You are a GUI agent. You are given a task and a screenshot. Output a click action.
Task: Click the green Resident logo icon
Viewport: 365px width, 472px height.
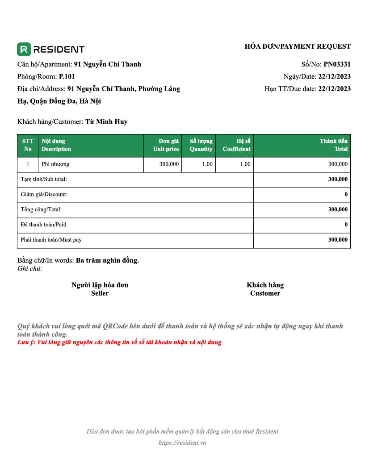tap(24, 49)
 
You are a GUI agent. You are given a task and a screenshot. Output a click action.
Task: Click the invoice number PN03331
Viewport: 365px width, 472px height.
tap(337, 64)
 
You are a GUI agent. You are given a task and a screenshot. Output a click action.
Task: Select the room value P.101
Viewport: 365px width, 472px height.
tap(67, 76)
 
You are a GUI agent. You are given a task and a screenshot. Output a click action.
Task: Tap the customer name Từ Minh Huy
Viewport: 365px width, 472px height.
tap(106, 121)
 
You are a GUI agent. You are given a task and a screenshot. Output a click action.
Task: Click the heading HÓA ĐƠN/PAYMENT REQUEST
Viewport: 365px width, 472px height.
tap(298, 46)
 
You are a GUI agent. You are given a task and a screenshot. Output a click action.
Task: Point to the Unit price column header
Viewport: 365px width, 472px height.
tap(166, 145)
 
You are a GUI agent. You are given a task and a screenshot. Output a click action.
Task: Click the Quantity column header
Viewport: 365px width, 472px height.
tap(201, 145)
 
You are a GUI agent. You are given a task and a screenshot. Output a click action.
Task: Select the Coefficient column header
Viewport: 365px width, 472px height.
tap(236, 145)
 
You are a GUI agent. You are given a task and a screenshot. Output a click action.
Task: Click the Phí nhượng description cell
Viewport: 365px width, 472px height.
tap(55, 164)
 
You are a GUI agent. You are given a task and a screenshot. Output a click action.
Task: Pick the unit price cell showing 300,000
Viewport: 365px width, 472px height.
tap(169, 164)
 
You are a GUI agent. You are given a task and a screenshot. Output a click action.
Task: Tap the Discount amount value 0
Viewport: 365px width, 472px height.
tap(346, 194)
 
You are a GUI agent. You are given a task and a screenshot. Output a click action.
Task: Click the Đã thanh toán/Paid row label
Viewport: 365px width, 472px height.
tap(43, 225)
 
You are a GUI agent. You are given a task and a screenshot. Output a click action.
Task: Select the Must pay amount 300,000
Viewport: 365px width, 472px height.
tap(338, 240)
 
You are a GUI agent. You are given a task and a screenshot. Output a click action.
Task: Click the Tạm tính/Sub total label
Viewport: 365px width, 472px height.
tap(44, 179)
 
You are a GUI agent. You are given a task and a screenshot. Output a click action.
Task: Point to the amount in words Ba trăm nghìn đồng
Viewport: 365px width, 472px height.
tap(107, 260)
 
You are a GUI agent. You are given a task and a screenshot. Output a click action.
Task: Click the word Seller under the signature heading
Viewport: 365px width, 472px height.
tap(100, 293)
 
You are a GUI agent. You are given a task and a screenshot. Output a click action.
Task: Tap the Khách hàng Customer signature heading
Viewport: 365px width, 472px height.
tap(265, 289)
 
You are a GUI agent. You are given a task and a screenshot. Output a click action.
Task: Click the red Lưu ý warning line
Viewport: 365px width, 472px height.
tap(119, 343)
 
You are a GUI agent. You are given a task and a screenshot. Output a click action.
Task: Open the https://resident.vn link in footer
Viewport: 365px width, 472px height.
tap(182, 443)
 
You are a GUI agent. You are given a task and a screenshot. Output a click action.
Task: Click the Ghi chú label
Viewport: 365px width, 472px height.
tap(29, 268)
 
